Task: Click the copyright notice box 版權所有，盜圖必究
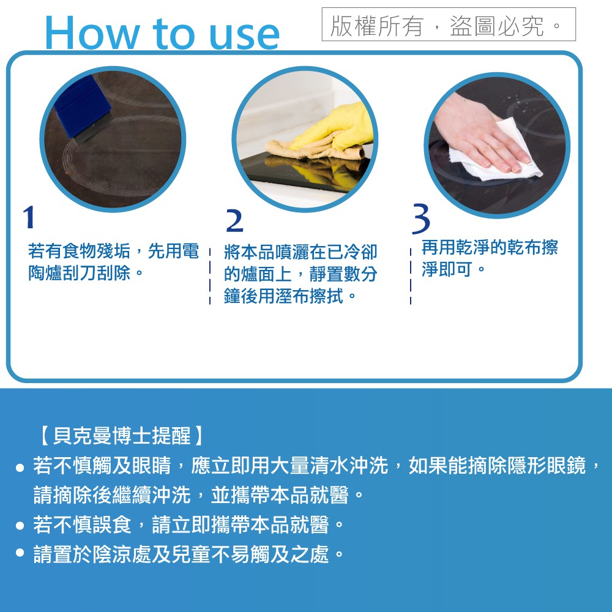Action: (449, 24)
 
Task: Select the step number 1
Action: (29, 217)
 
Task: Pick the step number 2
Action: (234, 221)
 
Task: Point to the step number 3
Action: (421, 218)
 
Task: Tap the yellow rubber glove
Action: (335, 127)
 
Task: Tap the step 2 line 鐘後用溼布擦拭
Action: (290, 296)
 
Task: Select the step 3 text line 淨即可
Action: (453, 269)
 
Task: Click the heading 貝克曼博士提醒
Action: (122, 436)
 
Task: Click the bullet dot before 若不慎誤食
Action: (20, 525)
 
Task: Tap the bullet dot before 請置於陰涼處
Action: (20, 553)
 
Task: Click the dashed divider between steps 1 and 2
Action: (210, 276)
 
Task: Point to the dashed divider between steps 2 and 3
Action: (411, 276)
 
